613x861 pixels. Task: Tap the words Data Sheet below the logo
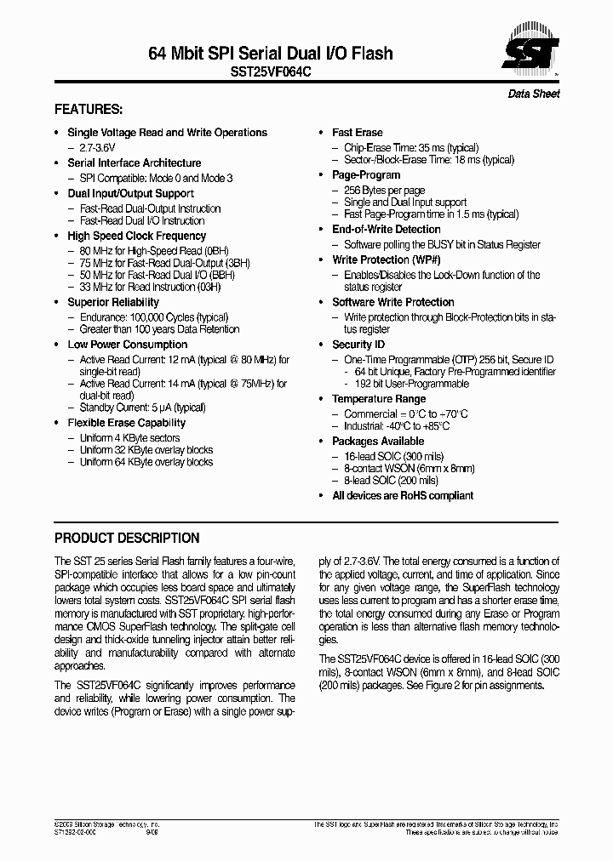534,94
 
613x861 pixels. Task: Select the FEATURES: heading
89,110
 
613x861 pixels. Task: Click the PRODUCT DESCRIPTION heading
127,539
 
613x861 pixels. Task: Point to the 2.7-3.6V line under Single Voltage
98,147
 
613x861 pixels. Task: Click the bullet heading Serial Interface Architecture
135,163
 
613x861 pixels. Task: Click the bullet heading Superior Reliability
113,302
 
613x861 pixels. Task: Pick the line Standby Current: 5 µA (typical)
142,408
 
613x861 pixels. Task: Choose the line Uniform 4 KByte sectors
129,438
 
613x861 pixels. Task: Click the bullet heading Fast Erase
357,133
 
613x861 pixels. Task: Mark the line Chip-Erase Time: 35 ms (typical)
411,148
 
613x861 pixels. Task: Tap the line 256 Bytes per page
384,191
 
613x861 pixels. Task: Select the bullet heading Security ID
358,345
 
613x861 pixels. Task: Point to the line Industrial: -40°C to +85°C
397,426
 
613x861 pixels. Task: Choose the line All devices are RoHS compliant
403,495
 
